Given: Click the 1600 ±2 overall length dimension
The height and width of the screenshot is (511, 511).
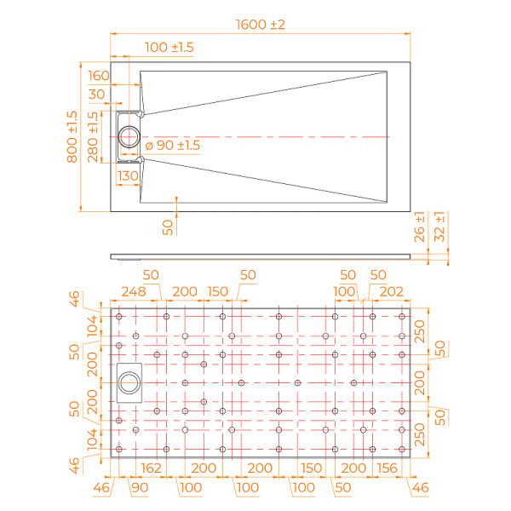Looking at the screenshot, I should [x=260, y=25].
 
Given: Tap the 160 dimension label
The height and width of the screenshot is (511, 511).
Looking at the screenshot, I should [x=99, y=76].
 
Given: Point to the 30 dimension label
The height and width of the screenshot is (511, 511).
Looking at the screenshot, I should [x=96, y=94].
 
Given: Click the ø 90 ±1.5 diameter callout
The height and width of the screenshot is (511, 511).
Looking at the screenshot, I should [x=175, y=146].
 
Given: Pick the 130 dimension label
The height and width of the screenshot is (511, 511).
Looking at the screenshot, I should [x=128, y=175].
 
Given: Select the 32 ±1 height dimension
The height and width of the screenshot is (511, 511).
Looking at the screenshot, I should [x=440, y=228].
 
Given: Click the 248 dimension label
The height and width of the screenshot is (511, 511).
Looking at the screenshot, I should [x=134, y=291].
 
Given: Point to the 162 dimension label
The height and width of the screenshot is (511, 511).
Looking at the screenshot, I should [x=151, y=468].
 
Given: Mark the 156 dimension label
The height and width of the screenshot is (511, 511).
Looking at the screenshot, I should [x=387, y=468].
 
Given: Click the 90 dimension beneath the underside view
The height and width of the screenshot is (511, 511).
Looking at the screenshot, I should [x=139, y=488].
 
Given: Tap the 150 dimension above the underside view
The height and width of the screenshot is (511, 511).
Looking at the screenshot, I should [x=218, y=291].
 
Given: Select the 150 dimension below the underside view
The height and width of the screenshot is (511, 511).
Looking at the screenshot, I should [x=313, y=468].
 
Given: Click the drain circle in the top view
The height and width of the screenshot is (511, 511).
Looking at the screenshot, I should [x=132, y=136].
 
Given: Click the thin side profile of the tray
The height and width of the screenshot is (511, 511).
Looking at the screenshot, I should [x=260, y=254].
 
